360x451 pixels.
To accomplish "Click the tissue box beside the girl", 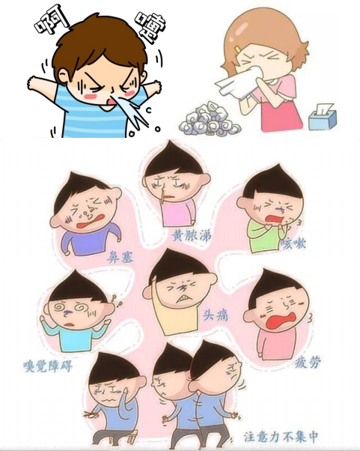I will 323,118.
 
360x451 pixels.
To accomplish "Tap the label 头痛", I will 215,316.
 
